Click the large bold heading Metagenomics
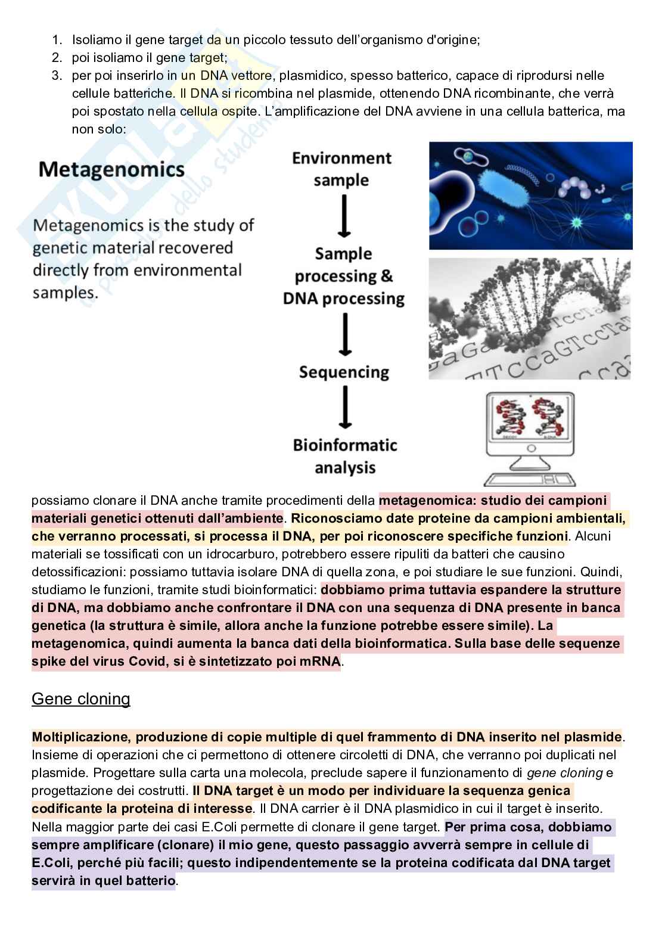click(x=111, y=170)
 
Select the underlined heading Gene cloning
click(x=80, y=698)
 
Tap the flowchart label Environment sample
click(x=341, y=169)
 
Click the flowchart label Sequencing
click(x=344, y=372)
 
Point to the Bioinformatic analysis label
click(x=344, y=456)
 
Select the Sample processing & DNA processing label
click(x=344, y=276)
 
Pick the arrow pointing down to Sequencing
click(x=344, y=335)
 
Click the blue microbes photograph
click(x=530, y=195)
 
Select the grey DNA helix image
click(x=529, y=319)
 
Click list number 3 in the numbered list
click(x=57, y=76)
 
